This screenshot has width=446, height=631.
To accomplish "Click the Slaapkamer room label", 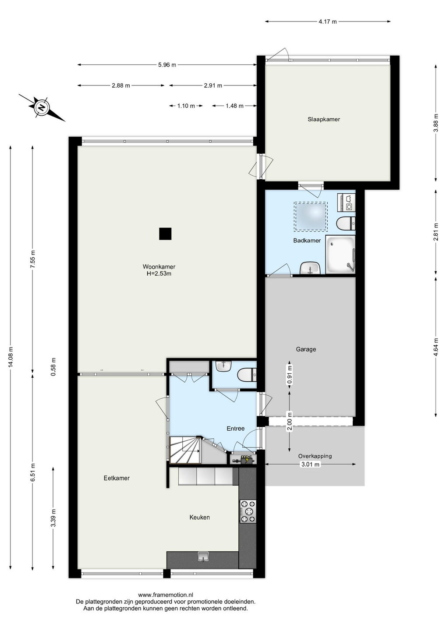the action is (x=323, y=119).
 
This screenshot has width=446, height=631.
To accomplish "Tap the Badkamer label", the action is (x=307, y=240).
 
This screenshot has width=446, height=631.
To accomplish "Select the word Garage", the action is (x=306, y=349).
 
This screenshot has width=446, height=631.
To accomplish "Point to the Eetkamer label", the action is (x=117, y=478).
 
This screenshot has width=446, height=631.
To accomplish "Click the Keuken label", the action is (x=199, y=517).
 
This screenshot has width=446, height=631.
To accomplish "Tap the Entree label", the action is (x=235, y=429).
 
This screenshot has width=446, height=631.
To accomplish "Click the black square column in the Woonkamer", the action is (x=165, y=234).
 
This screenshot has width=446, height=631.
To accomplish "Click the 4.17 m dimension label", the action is (x=328, y=22).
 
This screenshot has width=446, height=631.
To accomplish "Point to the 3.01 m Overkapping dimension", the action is (x=310, y=464).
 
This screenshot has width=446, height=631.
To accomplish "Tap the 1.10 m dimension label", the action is (x=186, y=106).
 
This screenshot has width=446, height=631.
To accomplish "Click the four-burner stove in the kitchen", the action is (x=248, y=511).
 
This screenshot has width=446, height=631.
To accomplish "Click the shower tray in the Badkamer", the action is (x=340, y=255).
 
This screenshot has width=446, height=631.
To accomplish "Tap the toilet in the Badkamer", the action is (x=346, y=223).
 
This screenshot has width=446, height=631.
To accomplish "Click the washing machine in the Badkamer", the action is (x=346, y=202).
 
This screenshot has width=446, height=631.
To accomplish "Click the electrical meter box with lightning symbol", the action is (x=244, y=460).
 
